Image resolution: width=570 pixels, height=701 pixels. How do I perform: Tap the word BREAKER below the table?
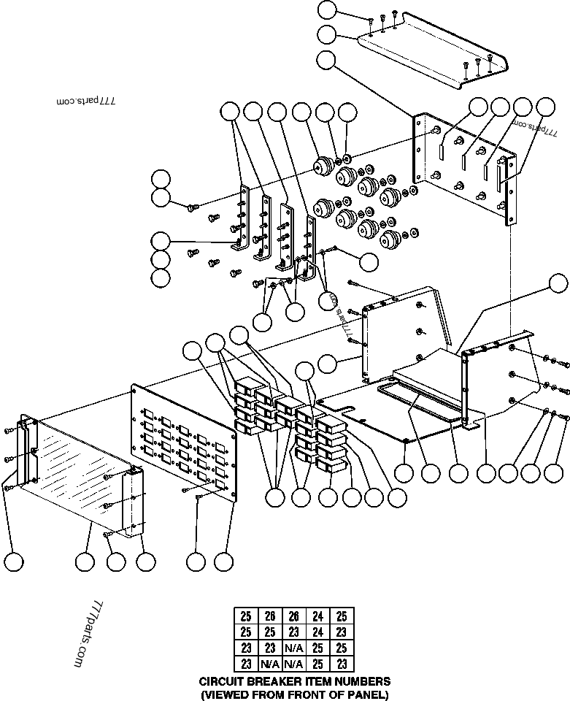click(x=270, y=681)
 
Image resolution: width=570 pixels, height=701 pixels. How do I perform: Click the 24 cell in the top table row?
click(x=318, y=616)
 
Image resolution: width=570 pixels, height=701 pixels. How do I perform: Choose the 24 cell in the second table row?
click(x=318, y=632)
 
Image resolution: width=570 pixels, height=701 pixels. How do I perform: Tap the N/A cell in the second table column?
click(x=270, y=664)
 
